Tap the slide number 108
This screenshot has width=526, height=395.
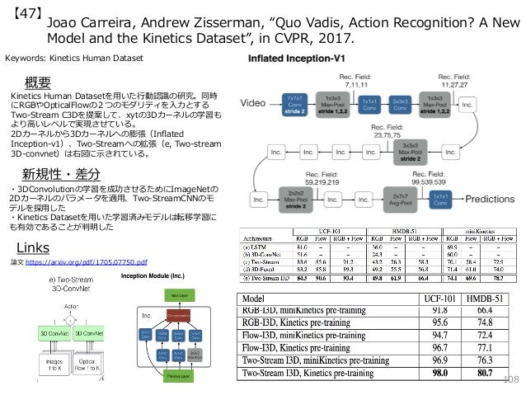point(510,379)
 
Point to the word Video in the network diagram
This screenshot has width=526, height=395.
point(256,105)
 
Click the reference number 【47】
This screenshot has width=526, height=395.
point(21,14)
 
